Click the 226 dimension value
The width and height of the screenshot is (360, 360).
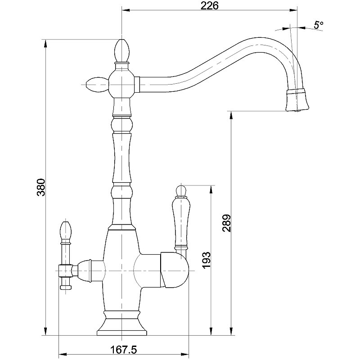(x=210, y=6)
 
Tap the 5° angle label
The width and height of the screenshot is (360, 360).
(x=319, y=25)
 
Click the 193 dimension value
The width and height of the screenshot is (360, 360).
(x=206, y=261)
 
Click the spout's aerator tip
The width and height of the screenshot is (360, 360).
(x=297, y=100)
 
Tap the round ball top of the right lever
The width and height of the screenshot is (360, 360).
(x=181, y=189)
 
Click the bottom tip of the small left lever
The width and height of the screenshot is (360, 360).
(x=66, y=286)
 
